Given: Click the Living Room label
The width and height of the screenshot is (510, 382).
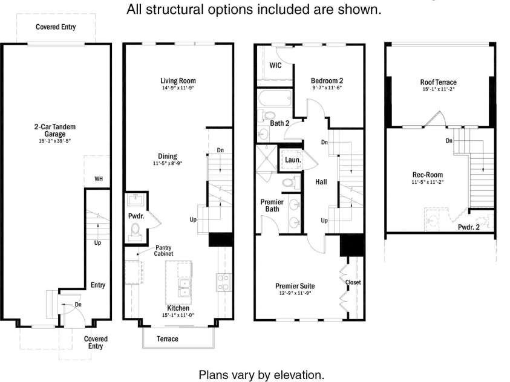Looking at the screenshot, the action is coord(178,80).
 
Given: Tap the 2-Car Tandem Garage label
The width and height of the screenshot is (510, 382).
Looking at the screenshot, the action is coord(55,131).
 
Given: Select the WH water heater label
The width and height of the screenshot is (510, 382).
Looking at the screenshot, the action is coord(99,179).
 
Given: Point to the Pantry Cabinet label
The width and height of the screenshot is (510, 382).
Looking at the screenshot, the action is coord(163,250).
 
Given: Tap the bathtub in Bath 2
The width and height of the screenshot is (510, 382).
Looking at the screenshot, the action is coord(275,98).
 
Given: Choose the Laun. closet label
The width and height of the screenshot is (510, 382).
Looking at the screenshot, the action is coord(293,160).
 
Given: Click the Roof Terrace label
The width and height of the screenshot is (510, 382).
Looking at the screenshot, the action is coord(438,82).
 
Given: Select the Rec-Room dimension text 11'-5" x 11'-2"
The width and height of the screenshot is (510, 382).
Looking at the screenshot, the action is coord(427,182).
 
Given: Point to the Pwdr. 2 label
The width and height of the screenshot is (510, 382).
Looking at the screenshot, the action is coord(469,227).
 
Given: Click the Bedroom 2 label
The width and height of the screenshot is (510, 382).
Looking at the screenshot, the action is coord(327,80).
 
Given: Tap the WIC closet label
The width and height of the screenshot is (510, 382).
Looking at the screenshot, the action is coord(275,65).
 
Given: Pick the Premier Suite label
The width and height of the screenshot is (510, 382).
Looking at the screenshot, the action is coord(295,286).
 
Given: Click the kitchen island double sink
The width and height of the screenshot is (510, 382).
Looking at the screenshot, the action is coord(184,288).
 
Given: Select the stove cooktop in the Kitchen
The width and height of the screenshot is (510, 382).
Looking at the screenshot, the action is coord(224,282).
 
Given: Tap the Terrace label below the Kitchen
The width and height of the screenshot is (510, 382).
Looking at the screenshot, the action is coord(168,339).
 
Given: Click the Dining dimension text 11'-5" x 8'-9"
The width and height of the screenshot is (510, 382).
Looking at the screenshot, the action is coord(168,163).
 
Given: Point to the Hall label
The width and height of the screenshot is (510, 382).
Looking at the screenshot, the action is coord(321,182).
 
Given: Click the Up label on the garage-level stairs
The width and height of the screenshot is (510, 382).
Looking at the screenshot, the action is coord(97,242).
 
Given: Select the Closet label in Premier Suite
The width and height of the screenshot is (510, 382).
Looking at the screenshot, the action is coord(353,282).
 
